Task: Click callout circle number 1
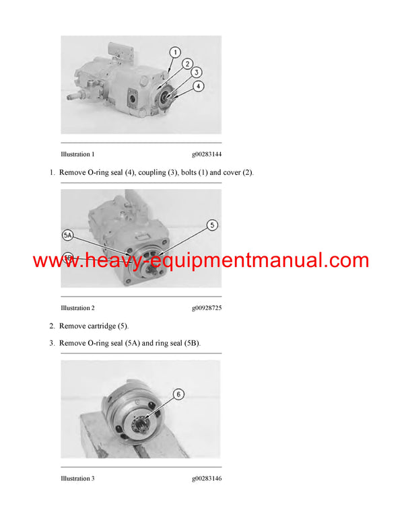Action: tap(175, 52)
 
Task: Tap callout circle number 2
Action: tap(187, 64)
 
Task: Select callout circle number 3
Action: tap(197, 72)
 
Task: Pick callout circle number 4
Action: tap(199, 86)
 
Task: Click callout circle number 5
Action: tap(212, 225)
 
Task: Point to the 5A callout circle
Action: tap(67, 235)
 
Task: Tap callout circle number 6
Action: tap(178, 394)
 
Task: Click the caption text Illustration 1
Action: tap(77, 154)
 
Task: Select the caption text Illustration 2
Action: tap(77, 308)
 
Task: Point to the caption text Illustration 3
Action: tap(77, 478)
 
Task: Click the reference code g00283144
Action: tap(207, 154)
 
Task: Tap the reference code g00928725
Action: tap(207, 308)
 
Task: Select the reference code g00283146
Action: tap(207, 478)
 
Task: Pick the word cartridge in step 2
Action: tap(100, 326)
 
